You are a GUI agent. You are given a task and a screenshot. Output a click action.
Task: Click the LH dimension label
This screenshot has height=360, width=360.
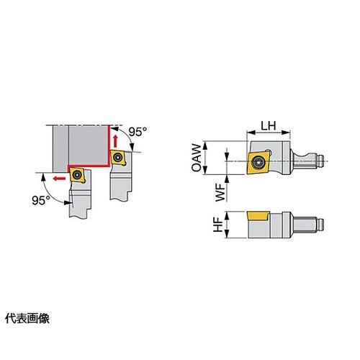[x=269, y=126]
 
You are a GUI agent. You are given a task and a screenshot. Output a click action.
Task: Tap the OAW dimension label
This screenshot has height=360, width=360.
[x=197, y=158]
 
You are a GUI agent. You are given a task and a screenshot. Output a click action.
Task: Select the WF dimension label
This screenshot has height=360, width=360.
[x=221, y=192]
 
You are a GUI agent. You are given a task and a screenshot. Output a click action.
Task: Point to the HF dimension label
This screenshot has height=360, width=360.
[x=218, y=225]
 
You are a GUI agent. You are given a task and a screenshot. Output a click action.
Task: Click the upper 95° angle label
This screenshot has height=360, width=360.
[x=138, y=131]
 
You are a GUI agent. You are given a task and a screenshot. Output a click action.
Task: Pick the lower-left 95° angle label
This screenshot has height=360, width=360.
[x=41, y=200]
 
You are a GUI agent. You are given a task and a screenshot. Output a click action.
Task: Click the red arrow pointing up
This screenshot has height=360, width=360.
[x=115, y=141]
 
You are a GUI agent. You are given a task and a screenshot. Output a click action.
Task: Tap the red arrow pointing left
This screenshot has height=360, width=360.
[x=59, y=179]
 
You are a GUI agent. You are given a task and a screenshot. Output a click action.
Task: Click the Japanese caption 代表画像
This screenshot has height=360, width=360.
[x=27, y=319]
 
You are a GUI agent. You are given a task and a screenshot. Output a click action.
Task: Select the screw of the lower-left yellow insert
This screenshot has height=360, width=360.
[x=77, y=175]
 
